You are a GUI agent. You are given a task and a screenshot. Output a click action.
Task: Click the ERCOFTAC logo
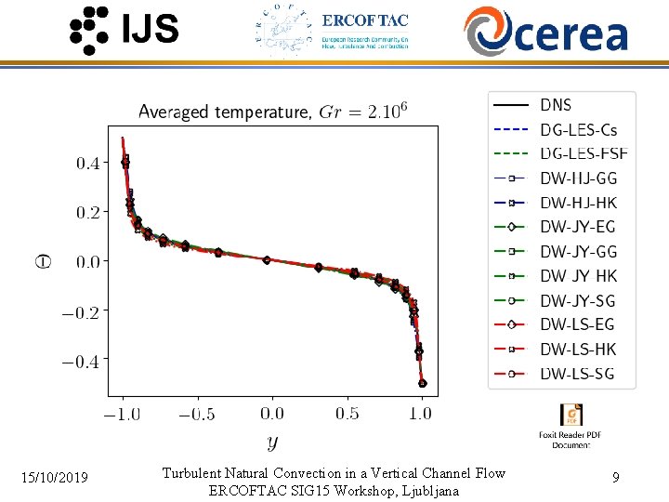click(332, 31)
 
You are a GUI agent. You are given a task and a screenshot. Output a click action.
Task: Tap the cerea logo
click(546, 31)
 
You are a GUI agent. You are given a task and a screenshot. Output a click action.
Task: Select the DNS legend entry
click(556, 105)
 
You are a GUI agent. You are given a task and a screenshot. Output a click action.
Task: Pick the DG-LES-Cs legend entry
click(578, 129)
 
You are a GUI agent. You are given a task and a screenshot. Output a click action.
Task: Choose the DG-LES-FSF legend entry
click(584, 153)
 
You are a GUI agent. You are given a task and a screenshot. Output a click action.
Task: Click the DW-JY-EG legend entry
click(578, 227)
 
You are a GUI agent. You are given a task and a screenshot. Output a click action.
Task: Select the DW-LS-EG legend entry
click(578, 324)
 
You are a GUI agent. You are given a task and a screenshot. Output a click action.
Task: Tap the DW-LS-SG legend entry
click(578, 374)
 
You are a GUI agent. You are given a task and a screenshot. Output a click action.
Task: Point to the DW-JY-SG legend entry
click(578, 300)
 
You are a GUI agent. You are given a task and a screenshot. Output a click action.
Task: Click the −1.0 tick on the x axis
click(122, 414)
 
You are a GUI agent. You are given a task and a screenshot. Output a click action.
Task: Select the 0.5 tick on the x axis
click(348, 414)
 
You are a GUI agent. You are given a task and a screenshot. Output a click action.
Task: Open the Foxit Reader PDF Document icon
click(571, 416)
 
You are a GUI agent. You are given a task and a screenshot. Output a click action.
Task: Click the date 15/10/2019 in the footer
click(56, 478)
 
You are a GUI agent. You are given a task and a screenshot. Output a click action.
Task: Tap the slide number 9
click(616, 478)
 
